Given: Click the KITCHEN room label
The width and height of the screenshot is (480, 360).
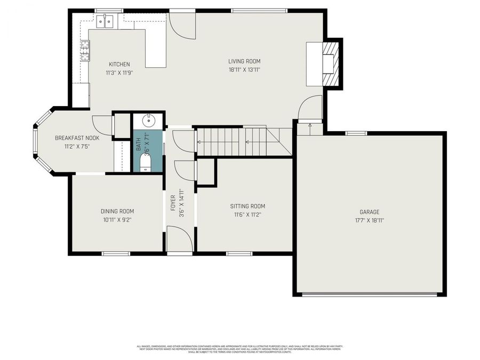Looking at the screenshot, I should (x=119, y=65).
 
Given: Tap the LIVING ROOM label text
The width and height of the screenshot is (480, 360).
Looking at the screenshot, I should (x=244, y=61).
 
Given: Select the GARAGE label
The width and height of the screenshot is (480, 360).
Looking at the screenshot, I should (x=370, y=212).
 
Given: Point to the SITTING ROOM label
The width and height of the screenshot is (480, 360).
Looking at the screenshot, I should (x=247, y=206).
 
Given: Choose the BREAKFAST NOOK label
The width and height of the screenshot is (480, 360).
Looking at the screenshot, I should (x=77, y=138).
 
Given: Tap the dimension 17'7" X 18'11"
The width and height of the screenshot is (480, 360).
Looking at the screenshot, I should (x=370, y=220).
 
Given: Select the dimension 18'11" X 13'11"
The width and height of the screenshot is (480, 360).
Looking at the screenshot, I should (x=244, y=69).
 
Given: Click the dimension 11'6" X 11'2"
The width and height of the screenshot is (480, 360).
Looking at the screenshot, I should (x=247, y=214).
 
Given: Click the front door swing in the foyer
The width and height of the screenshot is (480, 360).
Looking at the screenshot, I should (x=179, y=239).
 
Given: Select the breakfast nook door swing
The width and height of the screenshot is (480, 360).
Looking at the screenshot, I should (x=102, y=125).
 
